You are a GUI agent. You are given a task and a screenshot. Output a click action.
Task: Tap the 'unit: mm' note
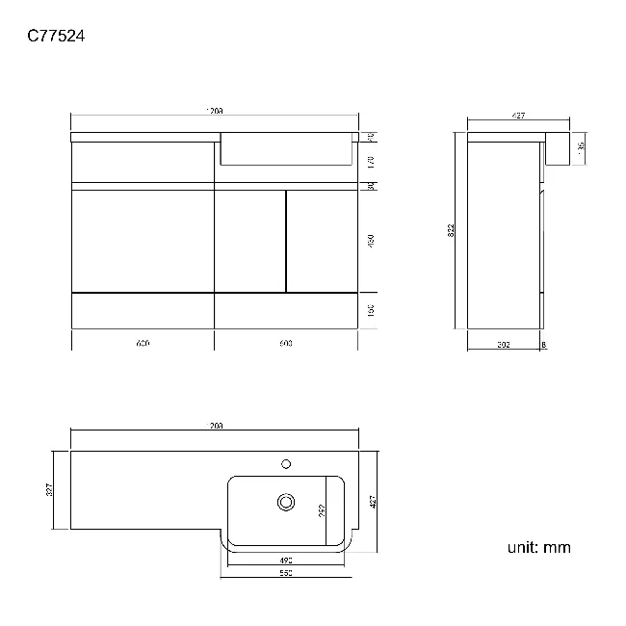coord(538,547)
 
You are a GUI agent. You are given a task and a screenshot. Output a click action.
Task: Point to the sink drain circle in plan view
coord(285,502)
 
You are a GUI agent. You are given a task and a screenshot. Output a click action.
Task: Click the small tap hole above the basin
coord(285,463)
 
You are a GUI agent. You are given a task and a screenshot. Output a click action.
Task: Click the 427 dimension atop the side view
coord(518,117)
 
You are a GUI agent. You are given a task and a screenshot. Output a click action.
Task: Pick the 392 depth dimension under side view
coord(503,343)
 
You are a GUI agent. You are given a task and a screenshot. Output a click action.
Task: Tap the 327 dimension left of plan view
coord(50,489)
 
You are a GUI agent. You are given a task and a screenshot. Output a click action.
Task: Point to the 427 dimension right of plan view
coord(372,501)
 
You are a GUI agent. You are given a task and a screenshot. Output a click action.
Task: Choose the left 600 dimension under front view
coord(143,343)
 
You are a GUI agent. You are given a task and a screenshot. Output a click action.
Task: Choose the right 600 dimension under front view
coord(285,343)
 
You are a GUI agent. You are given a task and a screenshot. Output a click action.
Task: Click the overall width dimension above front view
coord(214,112)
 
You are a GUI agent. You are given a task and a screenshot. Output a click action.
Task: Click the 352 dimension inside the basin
coord(323,509)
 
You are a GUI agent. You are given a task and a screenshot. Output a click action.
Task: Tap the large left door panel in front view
coord(143,240)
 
